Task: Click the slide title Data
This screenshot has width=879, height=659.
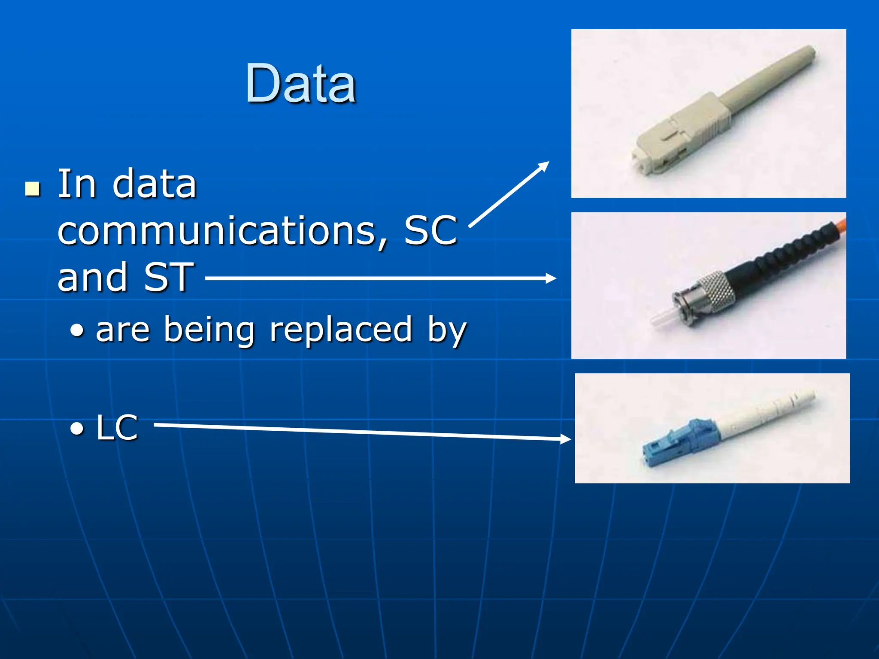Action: (x=300, y=84)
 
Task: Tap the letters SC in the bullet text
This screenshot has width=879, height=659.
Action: (x=430, y=231)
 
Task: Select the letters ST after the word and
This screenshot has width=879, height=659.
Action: (x=168, y=277)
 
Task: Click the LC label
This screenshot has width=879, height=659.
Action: (x=117, y=428)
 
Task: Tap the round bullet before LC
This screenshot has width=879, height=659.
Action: (x=77, y=428)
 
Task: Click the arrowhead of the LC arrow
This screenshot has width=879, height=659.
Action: (x=566, y=438)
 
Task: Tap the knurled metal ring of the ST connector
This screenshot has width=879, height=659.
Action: (x=715, y=292)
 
